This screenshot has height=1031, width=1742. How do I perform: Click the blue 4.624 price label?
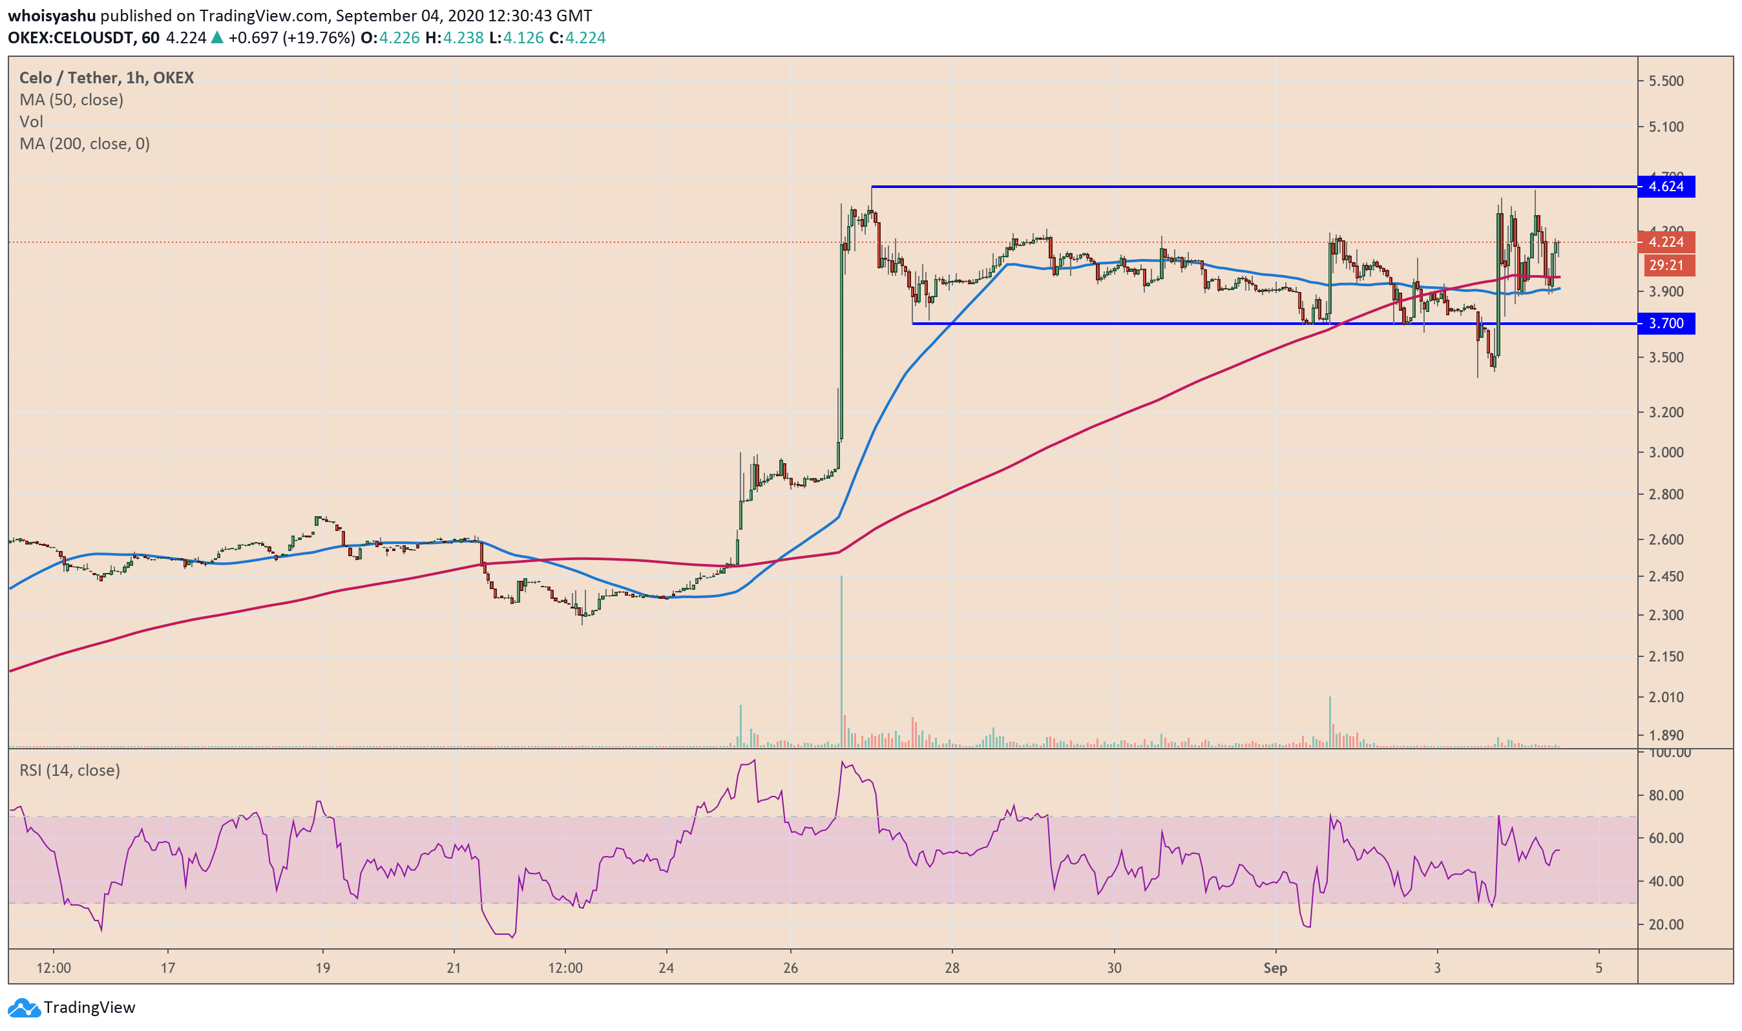pos(1666,186)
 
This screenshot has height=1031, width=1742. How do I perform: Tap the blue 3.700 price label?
pos(1666,323)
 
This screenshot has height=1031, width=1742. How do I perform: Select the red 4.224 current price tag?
pos(1666,242)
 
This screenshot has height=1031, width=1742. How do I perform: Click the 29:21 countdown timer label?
pos(1666,266)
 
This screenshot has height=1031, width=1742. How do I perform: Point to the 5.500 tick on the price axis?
pos(1666,81)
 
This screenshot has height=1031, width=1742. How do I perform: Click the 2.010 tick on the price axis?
pos(1666,697)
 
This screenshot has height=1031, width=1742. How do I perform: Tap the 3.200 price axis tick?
pos(1666,413)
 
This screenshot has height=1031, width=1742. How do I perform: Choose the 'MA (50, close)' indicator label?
pos(72,100)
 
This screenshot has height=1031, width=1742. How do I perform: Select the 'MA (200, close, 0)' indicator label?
pos(85,144)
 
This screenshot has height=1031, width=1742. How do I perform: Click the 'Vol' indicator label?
pos(31,122)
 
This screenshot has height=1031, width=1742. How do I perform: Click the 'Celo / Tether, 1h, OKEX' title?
pos(107,78)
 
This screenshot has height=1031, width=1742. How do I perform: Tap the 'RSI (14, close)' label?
pos(70,770)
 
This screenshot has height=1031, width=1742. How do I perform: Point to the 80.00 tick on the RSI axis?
pos(1666,795)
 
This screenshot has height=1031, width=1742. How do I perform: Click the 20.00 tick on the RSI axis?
pos(1666,924)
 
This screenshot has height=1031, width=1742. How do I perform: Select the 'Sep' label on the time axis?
pos(1275,968)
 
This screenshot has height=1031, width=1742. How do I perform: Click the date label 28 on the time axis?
pos(952,968)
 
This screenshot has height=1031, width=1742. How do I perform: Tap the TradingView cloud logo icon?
pos(24,1007)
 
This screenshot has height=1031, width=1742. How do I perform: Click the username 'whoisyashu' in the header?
pos(52,16)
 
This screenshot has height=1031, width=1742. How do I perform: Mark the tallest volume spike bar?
pos(841,660)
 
